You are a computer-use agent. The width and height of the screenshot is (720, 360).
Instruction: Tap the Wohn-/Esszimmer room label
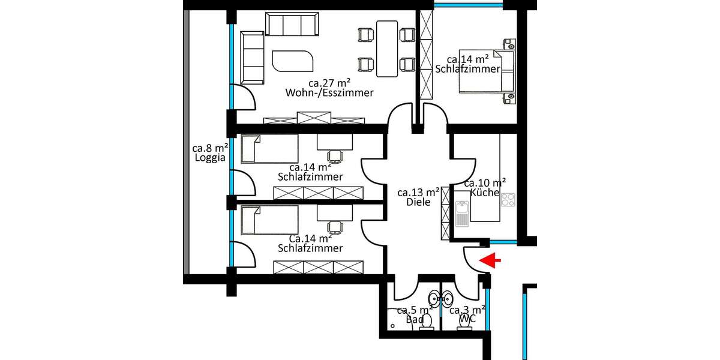329,93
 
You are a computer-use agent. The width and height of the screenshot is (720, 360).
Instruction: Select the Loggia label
210,158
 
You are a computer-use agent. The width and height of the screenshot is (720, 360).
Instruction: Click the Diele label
418,202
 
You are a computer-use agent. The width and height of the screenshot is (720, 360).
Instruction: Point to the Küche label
485,193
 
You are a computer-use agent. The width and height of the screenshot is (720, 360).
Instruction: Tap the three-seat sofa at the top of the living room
291,25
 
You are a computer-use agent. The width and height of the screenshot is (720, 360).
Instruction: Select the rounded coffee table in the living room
293,61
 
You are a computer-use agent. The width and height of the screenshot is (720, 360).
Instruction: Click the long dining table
387,48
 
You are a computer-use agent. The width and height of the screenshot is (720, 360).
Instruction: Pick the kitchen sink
461,214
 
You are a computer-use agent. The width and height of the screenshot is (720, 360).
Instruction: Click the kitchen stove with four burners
508,199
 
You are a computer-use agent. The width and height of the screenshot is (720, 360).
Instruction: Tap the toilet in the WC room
464,322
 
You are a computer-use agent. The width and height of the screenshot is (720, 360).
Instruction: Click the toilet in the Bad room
427,322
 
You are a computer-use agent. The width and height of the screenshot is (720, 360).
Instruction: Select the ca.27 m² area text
329,83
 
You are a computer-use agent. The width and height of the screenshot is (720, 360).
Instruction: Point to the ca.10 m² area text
485,182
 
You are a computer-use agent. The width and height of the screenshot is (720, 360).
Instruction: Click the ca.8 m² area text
210,148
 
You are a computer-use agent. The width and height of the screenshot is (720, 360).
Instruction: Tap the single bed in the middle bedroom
269,148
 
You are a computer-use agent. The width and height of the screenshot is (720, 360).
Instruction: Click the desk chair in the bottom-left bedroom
334,227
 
